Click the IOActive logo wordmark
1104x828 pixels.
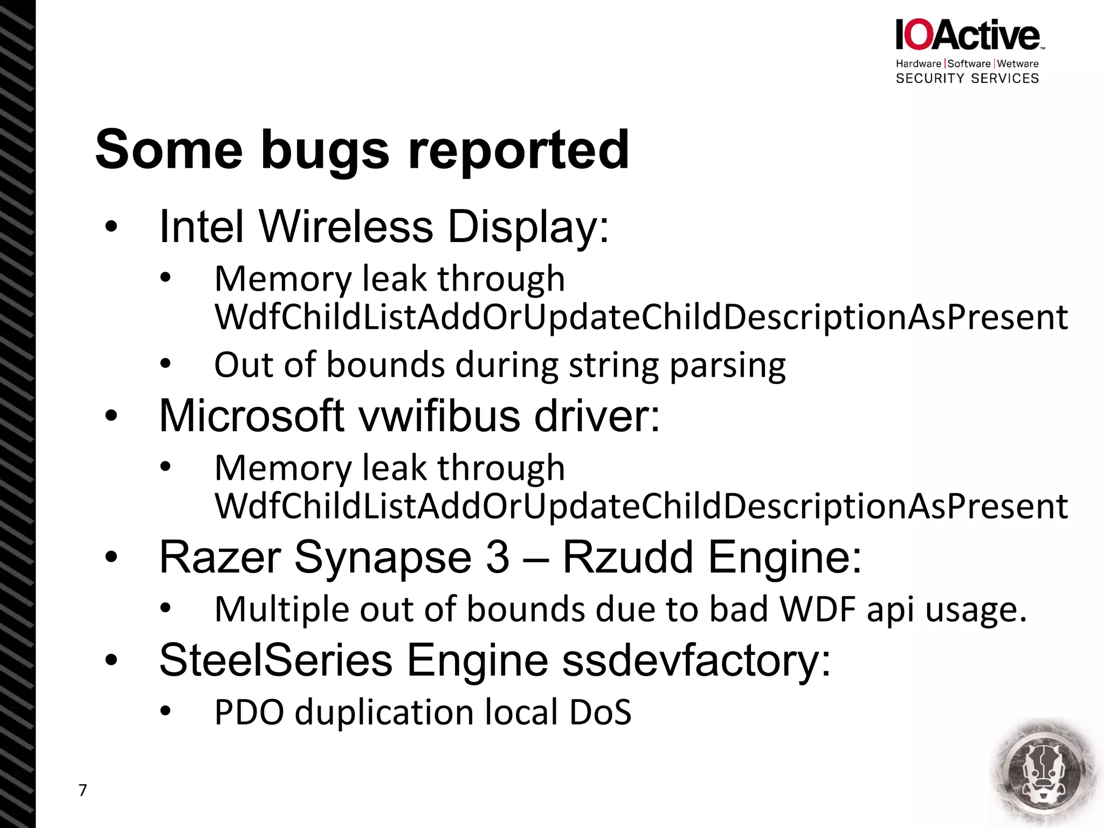pos(968,36)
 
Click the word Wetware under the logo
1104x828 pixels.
pos(1018,64)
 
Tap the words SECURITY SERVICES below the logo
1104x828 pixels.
pos(967,79)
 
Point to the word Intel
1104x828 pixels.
pos(202,226)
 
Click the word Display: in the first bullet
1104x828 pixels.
pos(528,226)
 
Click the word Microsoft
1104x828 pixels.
pos(252,416)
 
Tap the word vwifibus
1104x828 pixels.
pos(439,416)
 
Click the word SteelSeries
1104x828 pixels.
pos(275,660)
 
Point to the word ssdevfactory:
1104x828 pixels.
pos(696,660)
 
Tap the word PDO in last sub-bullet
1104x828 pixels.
pos(249,712)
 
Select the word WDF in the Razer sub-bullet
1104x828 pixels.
pos(818,609)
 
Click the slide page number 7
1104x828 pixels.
pos(82,790)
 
